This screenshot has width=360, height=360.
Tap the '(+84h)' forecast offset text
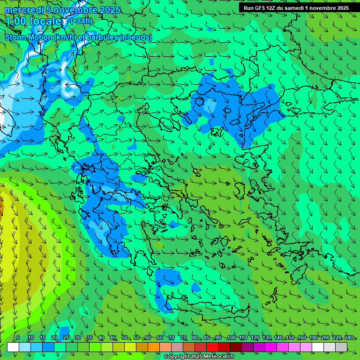[x=81, y=21]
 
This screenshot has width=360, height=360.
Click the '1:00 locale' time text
[x=34, y=21]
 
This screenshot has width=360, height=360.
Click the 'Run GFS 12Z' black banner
[x=296, y=8]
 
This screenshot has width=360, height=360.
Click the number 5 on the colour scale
[x=18, y=337]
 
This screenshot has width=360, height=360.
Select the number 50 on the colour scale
[x=124, y=337]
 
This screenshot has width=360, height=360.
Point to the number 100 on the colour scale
[x=231, y=337]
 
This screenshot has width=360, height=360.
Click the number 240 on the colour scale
[x=349, y=337]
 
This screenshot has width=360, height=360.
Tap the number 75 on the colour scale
[x=183, y=337]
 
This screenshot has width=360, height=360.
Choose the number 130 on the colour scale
[x=267, y=337]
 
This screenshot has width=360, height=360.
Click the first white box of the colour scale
[x=13, y=347]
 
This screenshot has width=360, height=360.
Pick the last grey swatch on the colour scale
[x=341, y=347]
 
